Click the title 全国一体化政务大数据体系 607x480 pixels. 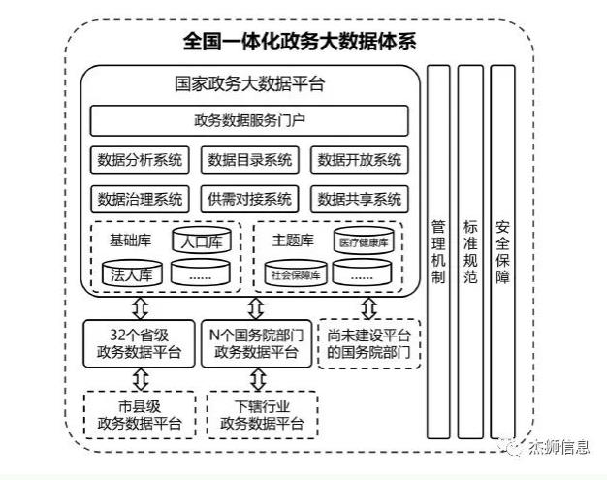[x=300, y=42]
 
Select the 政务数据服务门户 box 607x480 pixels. [x=249, y=121]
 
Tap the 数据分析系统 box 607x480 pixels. [x=140, y=159]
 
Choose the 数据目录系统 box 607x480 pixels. [x=250, y=159]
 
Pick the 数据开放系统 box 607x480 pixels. [x=359, y=159]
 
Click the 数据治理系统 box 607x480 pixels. [x=140, y=199]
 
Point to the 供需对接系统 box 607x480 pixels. [x=250, y=199]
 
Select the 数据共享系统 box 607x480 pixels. [x=359, y=199]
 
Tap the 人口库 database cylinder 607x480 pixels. [x=202, y=240]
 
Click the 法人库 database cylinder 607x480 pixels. [x=132, y=272]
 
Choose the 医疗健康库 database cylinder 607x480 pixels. [x=364, y=240]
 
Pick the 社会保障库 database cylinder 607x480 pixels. [x=296, y=272]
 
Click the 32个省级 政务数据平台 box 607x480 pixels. [x=139, y=343]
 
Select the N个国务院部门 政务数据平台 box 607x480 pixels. [x=256, y=343]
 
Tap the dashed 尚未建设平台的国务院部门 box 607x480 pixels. [x=368, y=343]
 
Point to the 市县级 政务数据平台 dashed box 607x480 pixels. [x=140, y=415]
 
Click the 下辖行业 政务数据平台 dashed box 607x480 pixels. [x=262, y=415]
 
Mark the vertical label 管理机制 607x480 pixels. [x=438, y=251]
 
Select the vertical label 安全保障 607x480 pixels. [x=502, y=251]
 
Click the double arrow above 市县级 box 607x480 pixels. [x=141, y=379]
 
